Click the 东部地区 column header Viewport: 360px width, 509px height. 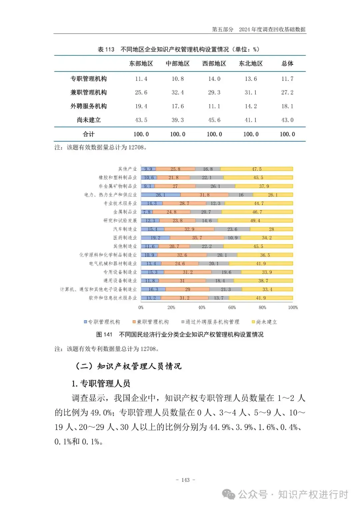[141, 63]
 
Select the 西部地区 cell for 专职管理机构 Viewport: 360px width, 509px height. [214, 79]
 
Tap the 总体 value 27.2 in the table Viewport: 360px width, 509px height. [287, 92]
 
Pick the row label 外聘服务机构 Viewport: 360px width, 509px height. [88, 106]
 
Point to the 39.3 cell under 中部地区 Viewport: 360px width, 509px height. [177, 120]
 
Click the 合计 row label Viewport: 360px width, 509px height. [88, 134]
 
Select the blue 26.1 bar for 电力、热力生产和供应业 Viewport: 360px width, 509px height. [161, 195]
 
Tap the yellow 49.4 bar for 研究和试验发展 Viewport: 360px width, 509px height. [255, 220]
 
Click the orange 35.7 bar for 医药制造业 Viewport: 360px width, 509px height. [197, 238]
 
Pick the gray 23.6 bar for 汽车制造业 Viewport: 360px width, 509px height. [232, 229]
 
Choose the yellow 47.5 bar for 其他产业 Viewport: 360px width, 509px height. [257, 169]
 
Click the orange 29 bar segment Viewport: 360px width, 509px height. [187, 289]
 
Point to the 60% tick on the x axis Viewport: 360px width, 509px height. [232, 307]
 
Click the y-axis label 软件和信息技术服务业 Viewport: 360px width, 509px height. [113, 298]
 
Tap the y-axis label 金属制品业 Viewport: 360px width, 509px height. [125, 212]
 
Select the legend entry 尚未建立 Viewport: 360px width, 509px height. [265, 322]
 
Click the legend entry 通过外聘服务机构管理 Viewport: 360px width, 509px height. [210, 322]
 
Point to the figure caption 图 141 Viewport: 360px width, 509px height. [104, 334]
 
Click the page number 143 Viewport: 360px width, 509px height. [185, 480]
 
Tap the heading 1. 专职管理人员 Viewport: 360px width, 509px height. [101, 384]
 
